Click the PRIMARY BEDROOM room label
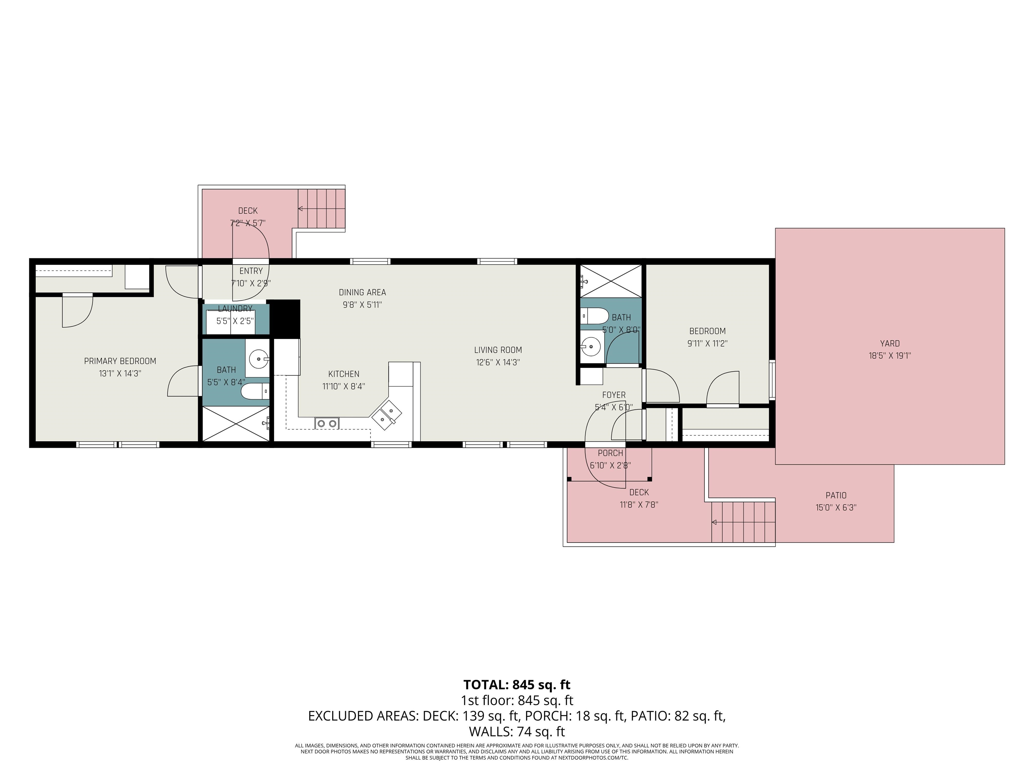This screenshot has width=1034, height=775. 120,361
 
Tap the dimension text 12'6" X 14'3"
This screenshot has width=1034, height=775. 498,362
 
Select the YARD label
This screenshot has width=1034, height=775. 890,343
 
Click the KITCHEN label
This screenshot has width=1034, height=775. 344,374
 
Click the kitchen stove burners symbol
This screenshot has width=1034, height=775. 327,423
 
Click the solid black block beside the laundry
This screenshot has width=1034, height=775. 285,318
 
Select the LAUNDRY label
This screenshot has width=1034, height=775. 235,309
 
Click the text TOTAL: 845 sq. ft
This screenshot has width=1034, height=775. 517,685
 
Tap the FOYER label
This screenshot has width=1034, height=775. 614,395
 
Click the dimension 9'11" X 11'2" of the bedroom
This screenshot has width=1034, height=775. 707,343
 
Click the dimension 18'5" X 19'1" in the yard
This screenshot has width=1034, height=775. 890,356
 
